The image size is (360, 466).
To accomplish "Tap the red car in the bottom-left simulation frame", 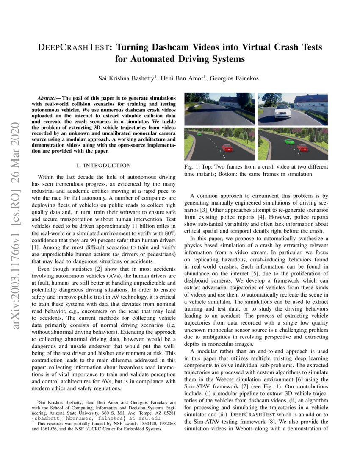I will (x=227, y=148).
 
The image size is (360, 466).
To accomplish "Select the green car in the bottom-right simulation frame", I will (x=289, y=141).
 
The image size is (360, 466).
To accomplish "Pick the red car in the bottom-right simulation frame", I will (x=302, y=147).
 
